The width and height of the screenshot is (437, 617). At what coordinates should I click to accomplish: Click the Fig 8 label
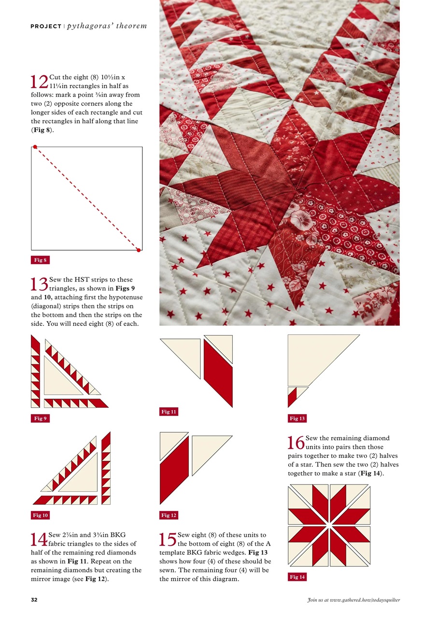(40, 260)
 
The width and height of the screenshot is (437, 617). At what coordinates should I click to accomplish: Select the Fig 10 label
(41, 515)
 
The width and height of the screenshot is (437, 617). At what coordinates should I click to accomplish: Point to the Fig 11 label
(169, 412)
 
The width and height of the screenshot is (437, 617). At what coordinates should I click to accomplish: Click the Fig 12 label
(169, 515)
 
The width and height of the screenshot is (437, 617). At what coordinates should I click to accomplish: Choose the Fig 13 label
(297, 418)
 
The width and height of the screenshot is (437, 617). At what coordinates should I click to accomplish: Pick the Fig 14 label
(297, 577)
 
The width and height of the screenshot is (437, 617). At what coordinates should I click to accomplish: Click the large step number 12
(39, 81)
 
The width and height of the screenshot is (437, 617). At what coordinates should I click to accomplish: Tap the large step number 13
(39, 284)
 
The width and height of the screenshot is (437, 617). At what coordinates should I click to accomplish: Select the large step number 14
(39, 539)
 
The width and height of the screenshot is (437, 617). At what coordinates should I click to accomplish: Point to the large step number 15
(168, 539)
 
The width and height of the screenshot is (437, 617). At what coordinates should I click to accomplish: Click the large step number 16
(296, 443)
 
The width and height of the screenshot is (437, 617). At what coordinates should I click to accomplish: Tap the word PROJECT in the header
(45, 26)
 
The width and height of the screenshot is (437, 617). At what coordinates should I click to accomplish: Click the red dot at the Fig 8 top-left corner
(35, 147)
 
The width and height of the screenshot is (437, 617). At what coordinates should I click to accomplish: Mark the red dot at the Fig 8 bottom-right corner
(139, 250)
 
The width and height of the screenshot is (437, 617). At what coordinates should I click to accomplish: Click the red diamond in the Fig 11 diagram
(218, 373)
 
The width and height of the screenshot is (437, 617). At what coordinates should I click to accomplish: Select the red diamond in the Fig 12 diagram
(174, 470)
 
